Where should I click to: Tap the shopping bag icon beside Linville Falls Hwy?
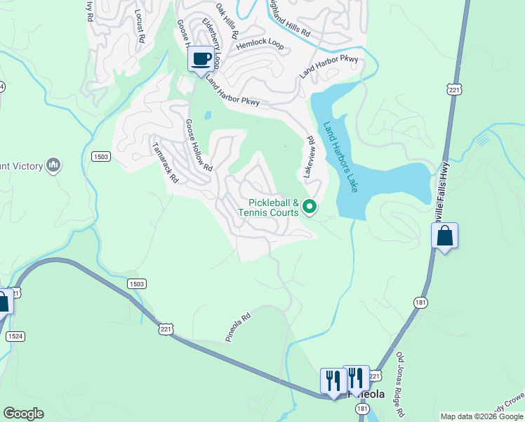(445, 236)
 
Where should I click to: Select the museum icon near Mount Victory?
(53, 165)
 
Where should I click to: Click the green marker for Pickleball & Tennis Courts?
(310, 207)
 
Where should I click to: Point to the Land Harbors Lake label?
(340, 156)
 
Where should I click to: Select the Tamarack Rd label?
(166, 163)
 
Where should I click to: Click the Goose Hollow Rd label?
(198, 145)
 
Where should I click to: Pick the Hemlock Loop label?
(260, 44)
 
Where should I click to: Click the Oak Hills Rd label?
(227, 20)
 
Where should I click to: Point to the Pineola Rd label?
(238, 328)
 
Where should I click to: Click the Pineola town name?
(368, 395)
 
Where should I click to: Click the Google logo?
(23, 414)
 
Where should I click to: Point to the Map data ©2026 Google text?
(481, 416)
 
